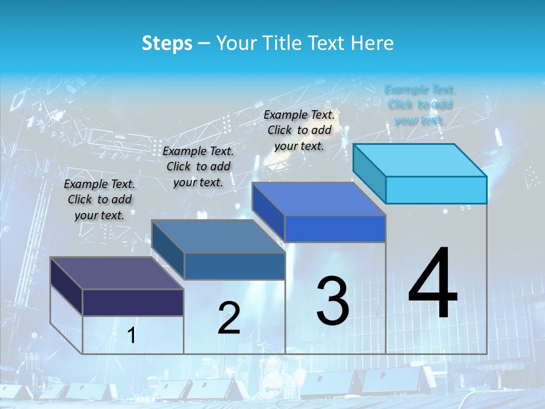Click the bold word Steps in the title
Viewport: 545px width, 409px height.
click(167, 43)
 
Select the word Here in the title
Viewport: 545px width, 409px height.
click(372, 43)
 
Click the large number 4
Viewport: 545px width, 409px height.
click(433, 284)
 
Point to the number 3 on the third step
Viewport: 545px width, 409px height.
click(333, 301)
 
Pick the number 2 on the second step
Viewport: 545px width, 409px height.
click(229, 318)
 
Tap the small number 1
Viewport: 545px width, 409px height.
click(132, 336)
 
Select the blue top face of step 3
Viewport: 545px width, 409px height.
click(319, 199)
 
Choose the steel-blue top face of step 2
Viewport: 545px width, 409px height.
click(219, 236)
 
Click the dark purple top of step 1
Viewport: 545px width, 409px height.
click(117, 273)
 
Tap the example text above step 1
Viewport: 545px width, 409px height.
click(99, 199)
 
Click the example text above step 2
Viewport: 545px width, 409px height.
click(198, 166)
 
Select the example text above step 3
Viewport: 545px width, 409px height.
click(299, 130)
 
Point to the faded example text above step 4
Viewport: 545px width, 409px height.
click(420, 105)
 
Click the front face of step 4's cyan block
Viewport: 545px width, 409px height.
click(436, 190)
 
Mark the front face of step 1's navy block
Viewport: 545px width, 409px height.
click(133, 302)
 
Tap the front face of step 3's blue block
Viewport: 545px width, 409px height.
click(335, 228)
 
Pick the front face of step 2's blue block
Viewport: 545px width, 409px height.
click(234, 266)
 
